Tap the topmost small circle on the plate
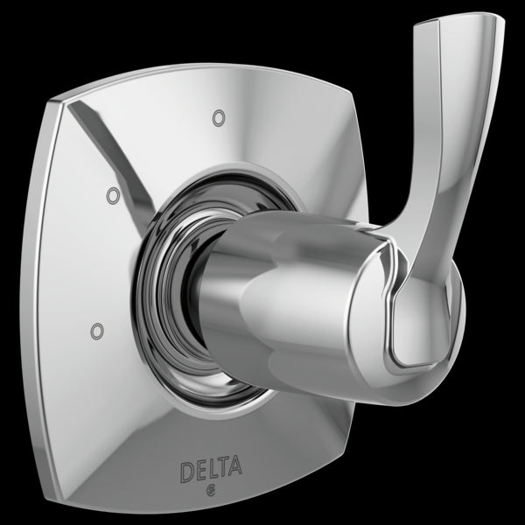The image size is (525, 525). click(x=217, y=115)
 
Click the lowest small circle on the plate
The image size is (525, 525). click(x=95, y=330)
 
